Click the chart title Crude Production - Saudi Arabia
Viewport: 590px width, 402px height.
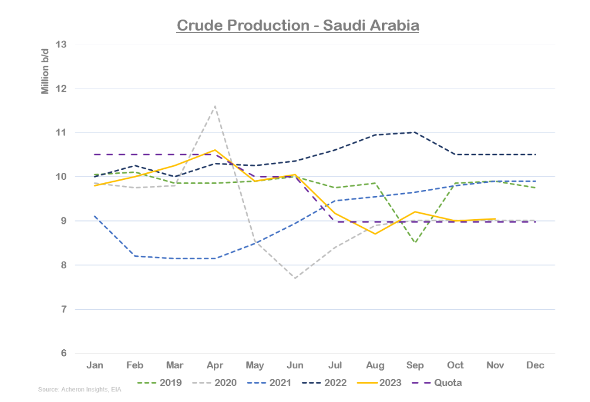[298, 26]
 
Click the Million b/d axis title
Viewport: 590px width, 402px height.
[45, 73]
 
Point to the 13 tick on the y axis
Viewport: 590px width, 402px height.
[62, 44]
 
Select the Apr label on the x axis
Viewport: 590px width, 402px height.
[214, 365]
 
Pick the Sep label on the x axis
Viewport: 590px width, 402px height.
[415, 365]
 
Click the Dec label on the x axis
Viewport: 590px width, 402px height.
[536, 365]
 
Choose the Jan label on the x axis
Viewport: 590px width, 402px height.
[94, 365]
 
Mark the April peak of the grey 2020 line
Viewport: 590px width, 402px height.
[214, 107]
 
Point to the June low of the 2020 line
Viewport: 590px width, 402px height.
[295, 278]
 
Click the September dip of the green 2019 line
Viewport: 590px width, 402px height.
[415, 243]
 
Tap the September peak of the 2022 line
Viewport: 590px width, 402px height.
[415, 132]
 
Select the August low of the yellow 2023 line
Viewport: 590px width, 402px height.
[375, 234]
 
